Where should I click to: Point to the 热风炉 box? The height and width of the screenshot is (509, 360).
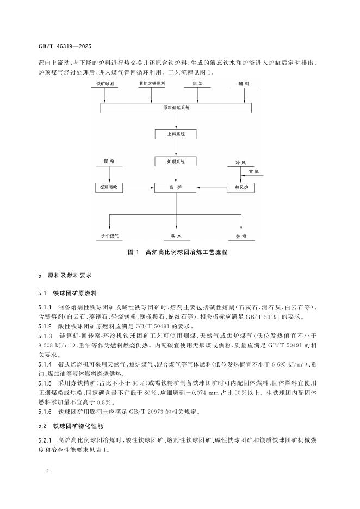(x=241, y=188)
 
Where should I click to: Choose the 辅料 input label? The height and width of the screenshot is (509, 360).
(x=243, y=85)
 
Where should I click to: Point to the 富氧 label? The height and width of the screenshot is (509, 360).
(x=253, y=171)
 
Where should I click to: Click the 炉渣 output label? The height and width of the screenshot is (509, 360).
(x=241, y=237)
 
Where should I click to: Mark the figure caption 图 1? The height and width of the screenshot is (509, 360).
(x=176, y=253)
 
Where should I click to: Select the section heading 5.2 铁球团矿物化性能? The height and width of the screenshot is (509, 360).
(x=71, y=423)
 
